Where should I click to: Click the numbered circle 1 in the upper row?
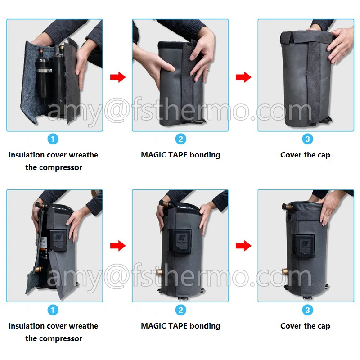[x=53, y=139]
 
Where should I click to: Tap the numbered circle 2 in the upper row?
[x=181, y=139]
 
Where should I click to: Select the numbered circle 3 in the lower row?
[x=308, y=310]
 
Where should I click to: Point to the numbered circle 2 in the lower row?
[x=181, y=310]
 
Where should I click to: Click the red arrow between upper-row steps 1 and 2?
[x=117, y=77]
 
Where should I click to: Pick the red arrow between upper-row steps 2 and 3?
[x=243, y=77]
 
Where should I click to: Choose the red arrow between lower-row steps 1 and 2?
[x=117, y=246]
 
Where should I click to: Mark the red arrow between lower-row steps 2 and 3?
[x=243, y=246]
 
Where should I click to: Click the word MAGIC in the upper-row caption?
[x=154, y=155]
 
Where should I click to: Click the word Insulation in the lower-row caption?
[x=27, y=326]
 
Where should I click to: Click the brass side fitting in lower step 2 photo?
[x=161, y=273]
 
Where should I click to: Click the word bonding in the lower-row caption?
[x=205, y=326]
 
